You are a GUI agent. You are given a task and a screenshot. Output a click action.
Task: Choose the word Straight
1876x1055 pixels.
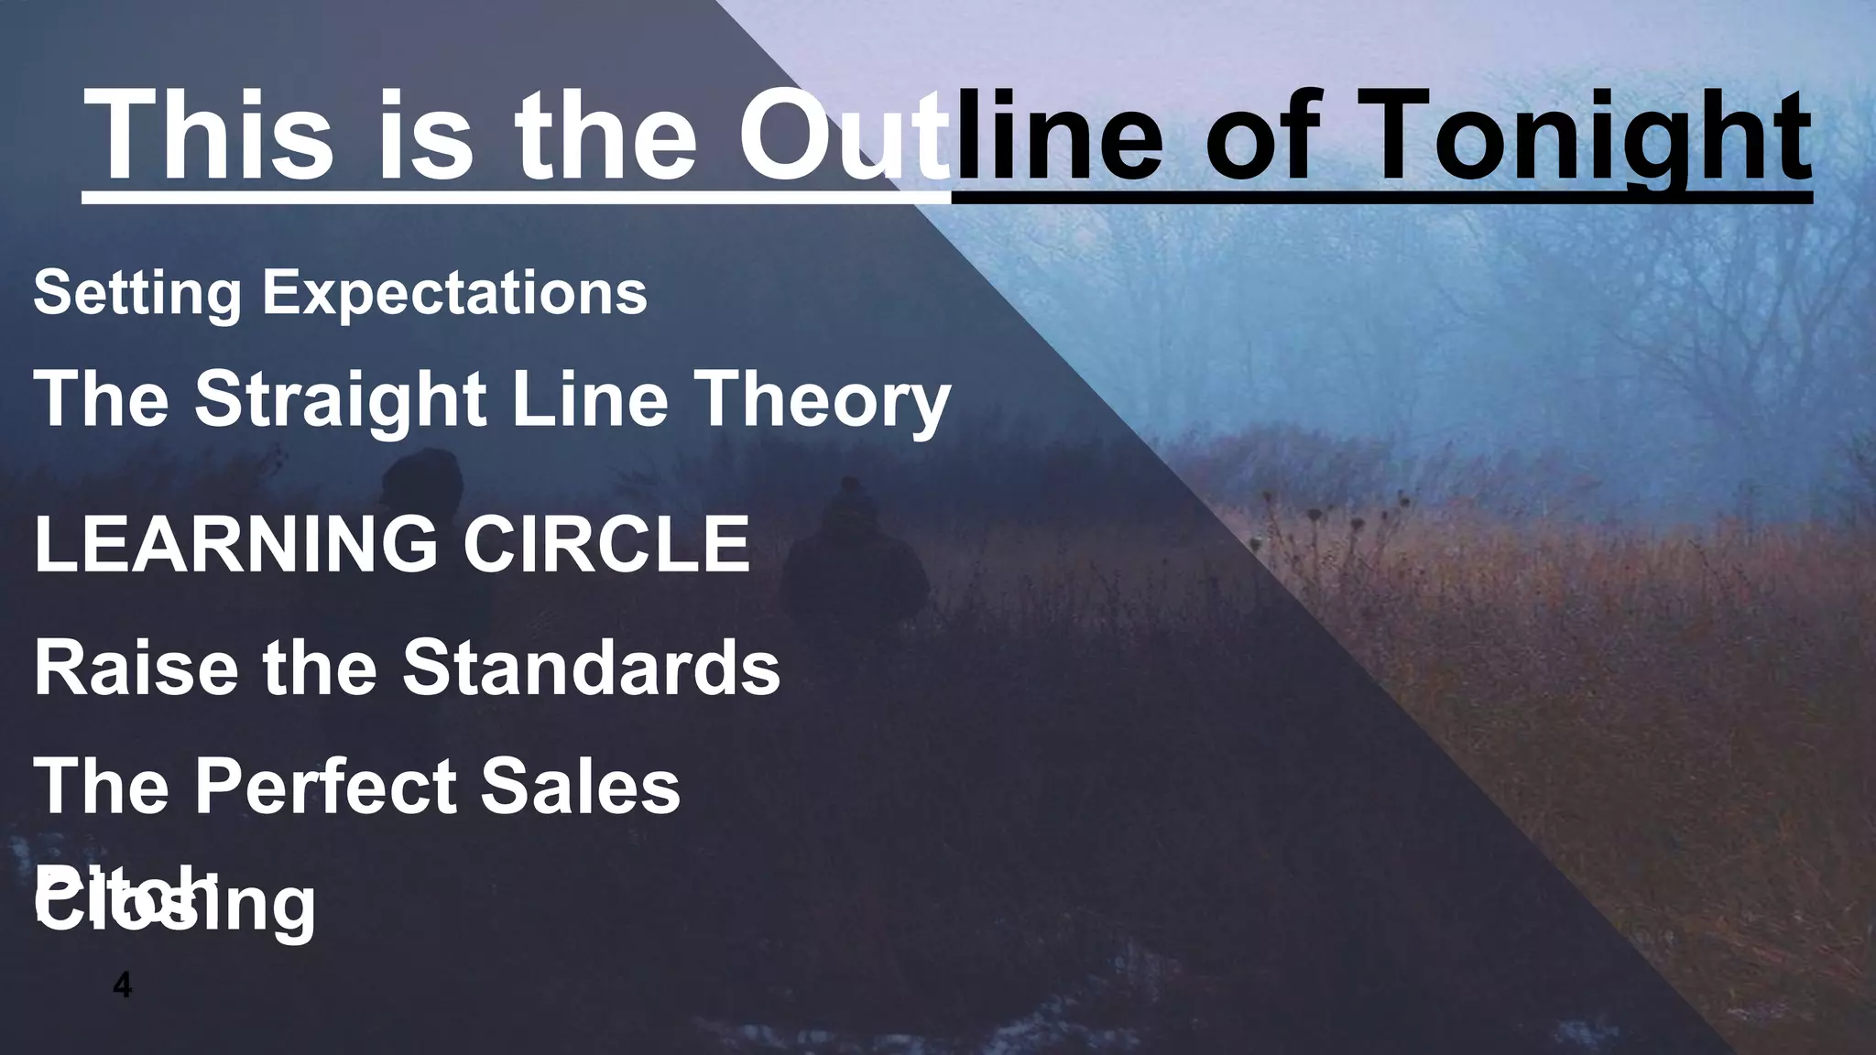pyautogui.click(x=340, y=399)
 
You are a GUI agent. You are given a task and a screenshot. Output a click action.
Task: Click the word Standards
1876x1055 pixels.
pyautogui.click(x=591, y=667)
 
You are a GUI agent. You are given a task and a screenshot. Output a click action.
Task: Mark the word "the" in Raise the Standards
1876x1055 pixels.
pyautogui.click(x=321, y=667)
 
